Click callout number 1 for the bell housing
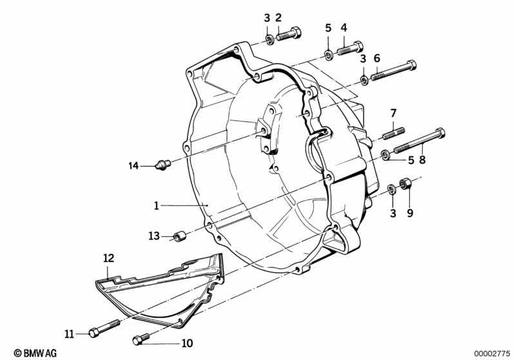156,205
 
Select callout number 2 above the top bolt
278,18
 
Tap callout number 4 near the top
344,28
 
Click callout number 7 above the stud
393,114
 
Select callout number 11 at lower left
69,333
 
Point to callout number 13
153,236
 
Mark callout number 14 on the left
133,166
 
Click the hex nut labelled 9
405,185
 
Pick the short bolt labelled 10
142,339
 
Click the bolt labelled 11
103,330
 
